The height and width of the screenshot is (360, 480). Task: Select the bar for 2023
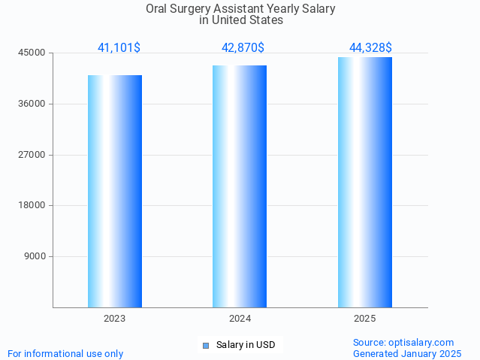(x=115, y=191)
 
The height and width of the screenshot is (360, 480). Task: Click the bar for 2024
(x=240, y=186)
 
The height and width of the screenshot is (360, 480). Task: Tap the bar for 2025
(x=365, y=182)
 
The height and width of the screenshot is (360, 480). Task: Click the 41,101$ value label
(x=119, y=47)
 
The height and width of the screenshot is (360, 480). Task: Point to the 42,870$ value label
(x=243, y=47)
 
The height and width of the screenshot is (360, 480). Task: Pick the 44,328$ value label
(x=370, y=47)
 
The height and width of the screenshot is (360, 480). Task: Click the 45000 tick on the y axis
(x=33, y=53)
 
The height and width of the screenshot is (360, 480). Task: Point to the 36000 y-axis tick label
(x=33, y=104)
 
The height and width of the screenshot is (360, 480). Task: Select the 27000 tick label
(x=33, y=155)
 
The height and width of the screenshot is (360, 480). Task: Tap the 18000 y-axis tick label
(x=33, y=205)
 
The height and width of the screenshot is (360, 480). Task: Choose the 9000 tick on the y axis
(x=35, y=256)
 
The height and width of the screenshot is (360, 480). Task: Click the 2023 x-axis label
(x=115, y=319)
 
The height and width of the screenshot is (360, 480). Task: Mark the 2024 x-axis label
(x=240, y=319)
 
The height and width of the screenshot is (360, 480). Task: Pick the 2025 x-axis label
(x=365, y=319)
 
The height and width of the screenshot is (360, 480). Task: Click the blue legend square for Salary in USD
(x=205, y=346)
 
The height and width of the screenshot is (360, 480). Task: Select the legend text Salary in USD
(x=246, y=346)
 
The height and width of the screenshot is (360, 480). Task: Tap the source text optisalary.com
(x=424, y=342)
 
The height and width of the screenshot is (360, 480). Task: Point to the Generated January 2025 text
(x=407, y=353)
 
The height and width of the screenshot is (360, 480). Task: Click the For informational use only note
(x=65, y=353)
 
